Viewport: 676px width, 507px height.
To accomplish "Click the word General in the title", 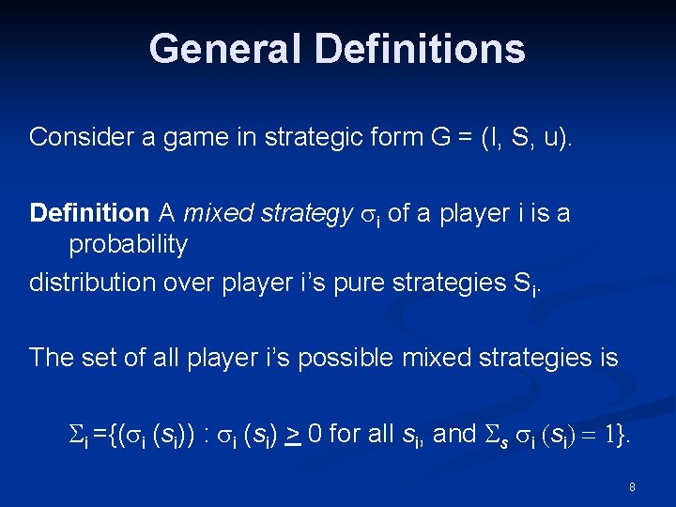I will tap(222, 49).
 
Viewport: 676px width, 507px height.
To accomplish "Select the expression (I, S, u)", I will tap(534, 137).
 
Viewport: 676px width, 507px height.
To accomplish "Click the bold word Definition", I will tap(89, 213).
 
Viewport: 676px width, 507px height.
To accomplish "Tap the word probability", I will tap(128, 245).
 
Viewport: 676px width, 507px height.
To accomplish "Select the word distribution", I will tap(89, 282).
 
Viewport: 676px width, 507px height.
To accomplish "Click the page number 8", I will tap(632, 487).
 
